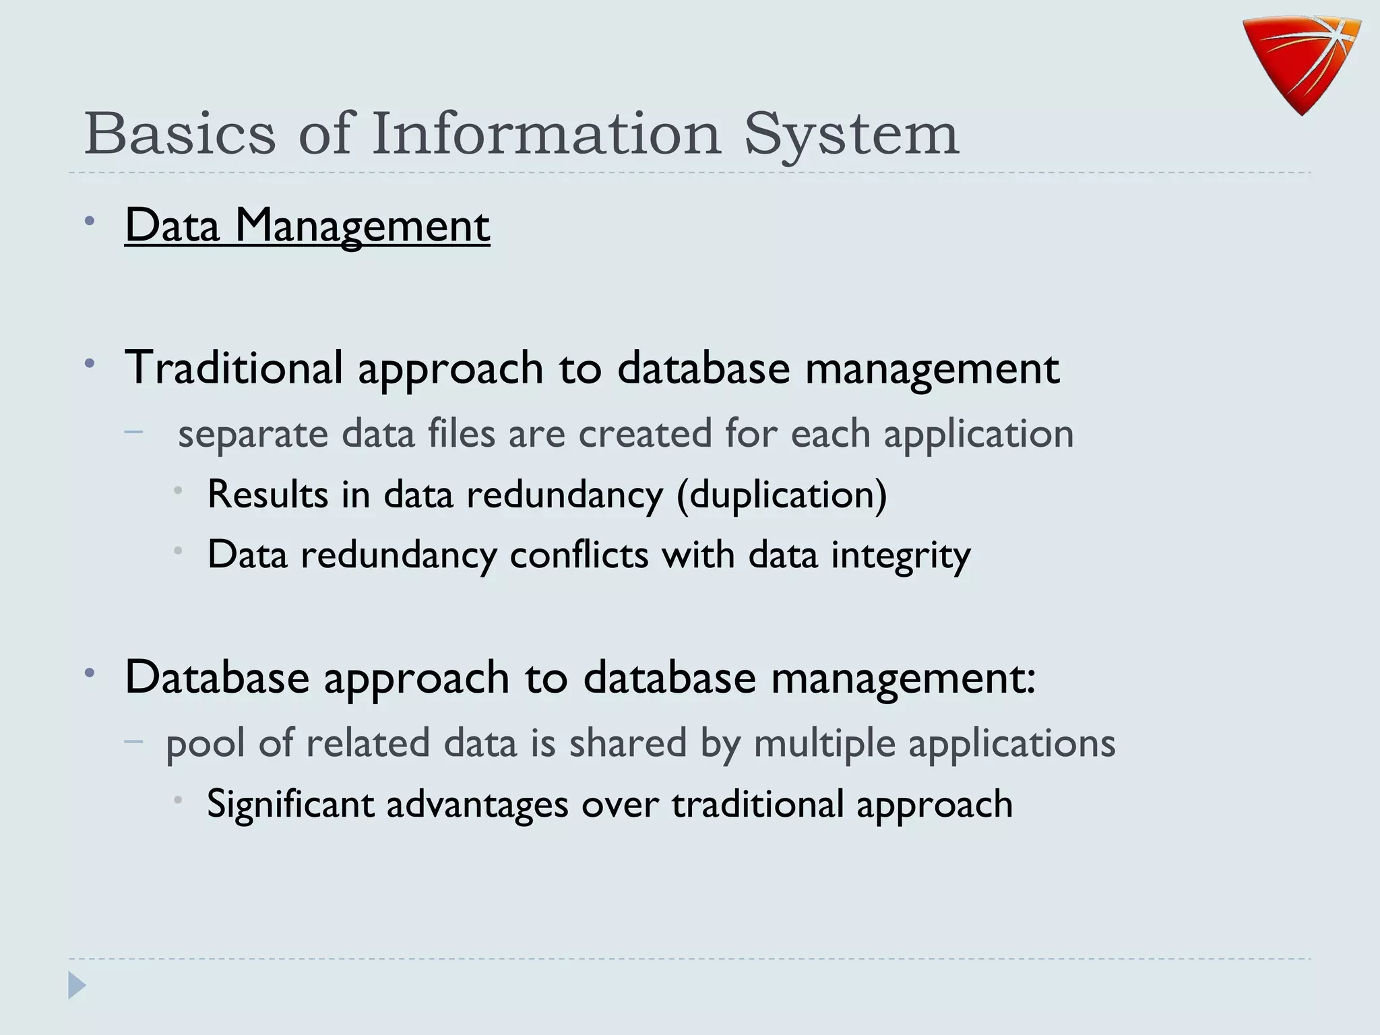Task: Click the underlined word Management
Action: tap(362, 226)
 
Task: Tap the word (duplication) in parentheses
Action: tap(782, 495)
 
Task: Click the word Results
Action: tap(268, 495)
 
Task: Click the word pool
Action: tap(205, 744)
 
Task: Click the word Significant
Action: tap(290, 805)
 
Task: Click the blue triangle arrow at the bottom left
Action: tap(77, 986)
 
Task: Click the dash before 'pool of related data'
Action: tap(134, 741)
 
